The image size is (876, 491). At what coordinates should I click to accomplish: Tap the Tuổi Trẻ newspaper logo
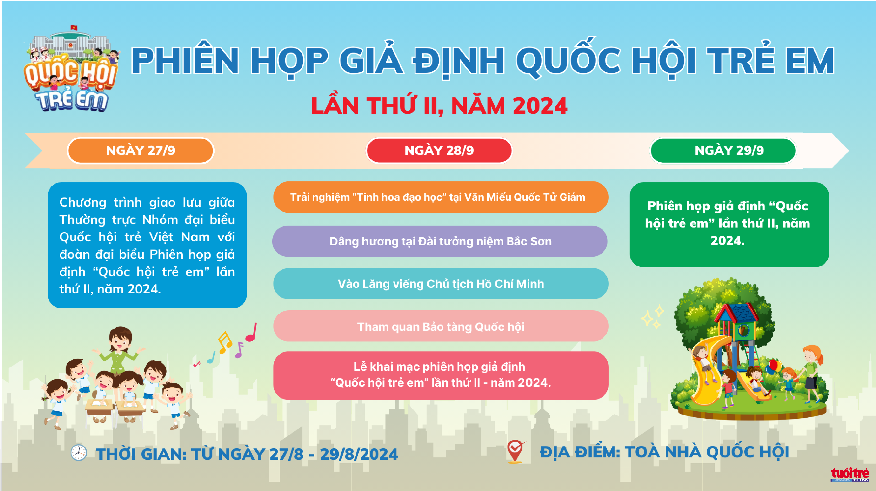click(849, 474)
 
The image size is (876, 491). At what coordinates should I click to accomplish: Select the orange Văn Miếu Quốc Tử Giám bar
click(441, 197)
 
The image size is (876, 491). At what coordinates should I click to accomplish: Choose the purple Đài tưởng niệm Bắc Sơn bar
click(440, 241)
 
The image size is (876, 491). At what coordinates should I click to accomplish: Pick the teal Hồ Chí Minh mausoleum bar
click(441, 284)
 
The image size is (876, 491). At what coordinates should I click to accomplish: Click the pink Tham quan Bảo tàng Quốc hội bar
click(441, 326)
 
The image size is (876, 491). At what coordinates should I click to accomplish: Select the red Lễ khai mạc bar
click(441, 375)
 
